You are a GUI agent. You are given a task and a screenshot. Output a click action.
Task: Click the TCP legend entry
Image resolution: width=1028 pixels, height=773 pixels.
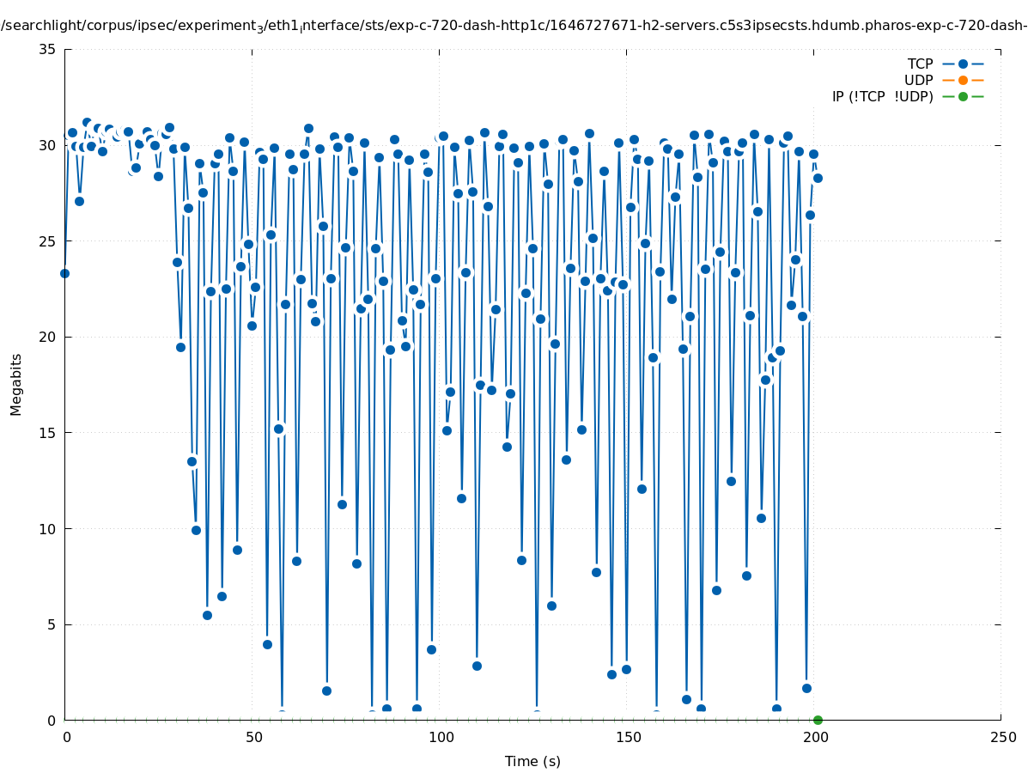[920, 64]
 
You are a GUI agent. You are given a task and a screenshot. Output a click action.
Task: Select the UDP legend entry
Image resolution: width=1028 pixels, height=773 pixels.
[918, 80]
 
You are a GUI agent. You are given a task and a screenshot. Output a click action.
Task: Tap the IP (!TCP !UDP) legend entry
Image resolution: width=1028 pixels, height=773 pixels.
[882, 96]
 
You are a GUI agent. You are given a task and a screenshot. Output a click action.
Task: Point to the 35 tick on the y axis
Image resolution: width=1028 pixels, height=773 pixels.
[48, 49]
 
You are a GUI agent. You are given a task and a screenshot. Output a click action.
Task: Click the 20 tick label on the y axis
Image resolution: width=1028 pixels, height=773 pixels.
[48, 337]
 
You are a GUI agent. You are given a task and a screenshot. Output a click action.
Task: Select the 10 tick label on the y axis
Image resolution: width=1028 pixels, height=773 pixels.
[48, 528]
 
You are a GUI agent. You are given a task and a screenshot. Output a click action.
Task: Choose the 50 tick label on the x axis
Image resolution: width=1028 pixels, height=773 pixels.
[253, 737]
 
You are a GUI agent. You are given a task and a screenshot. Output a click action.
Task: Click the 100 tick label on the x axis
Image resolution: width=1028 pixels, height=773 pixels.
[441, 737]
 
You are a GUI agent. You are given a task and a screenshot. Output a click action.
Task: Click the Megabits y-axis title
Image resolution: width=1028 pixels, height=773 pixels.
[16, 384]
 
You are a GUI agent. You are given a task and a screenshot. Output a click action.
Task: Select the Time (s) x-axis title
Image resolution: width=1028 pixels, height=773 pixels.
[532, 761]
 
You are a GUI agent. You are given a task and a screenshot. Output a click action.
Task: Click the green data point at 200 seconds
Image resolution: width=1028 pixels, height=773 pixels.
[818, 720]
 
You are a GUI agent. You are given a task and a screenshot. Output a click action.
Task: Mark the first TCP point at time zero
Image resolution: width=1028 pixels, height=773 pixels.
[64, 273]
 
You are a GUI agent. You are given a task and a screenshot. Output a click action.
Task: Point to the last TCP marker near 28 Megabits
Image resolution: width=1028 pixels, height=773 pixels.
[818, 178]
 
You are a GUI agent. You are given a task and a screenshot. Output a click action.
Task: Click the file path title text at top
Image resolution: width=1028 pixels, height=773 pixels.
[514, 26]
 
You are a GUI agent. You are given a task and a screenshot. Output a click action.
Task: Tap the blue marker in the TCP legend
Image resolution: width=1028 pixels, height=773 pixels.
[963, 64]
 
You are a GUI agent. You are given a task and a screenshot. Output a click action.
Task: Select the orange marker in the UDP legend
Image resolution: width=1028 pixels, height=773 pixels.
[963, 80]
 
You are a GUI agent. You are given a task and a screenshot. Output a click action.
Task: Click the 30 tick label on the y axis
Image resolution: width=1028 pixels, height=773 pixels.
[48, 145]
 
